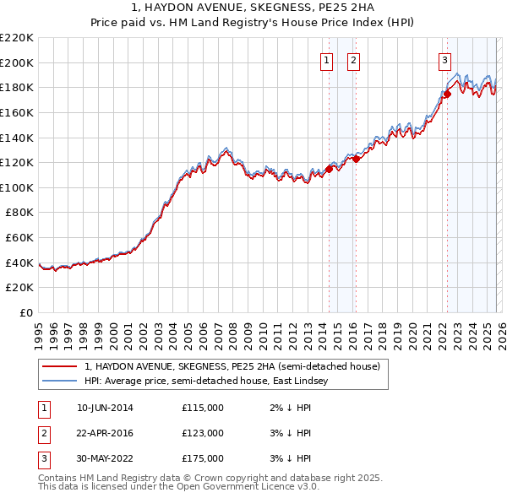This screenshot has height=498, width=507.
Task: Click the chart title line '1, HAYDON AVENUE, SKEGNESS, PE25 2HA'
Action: (253, 8)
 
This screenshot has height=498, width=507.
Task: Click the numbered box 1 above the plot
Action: (326, 60)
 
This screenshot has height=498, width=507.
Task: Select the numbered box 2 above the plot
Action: (352, 60)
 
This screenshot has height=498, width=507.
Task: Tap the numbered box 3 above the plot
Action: (444, 60)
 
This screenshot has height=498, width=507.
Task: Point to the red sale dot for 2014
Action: (329, 169)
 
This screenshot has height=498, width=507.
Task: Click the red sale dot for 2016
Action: (357, 159)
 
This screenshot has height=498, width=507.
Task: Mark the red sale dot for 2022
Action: (448, 94)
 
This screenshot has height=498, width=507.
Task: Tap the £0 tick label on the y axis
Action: (26, 313)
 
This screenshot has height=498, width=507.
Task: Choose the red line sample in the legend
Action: (60, 366)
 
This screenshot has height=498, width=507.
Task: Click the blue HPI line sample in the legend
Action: (60, 381)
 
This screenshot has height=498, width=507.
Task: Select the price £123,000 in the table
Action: (202, 433)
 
